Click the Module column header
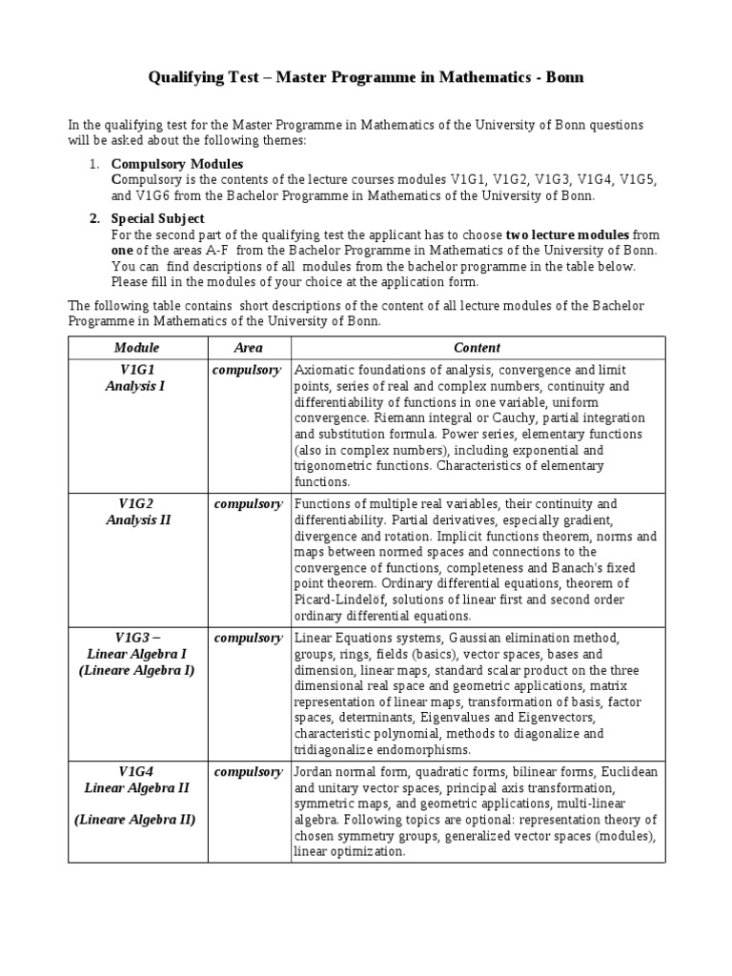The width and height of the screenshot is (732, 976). [136, 348]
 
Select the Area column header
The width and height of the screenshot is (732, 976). [248, 348]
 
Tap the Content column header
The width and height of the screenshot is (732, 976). [477, 348]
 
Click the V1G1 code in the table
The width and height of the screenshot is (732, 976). [137, 370]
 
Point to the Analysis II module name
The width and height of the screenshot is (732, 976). [137, 520]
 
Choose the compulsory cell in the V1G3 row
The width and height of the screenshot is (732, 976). [247, 638]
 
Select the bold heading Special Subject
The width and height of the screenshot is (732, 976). [158, 218]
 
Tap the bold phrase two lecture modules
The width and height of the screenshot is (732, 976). [567, 234]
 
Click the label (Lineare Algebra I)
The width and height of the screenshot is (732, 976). [136, 670]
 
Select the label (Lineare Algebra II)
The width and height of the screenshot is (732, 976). [136, 820]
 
